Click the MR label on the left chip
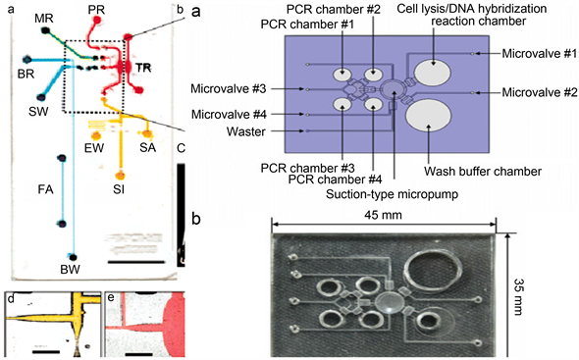44,18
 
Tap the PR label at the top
96,10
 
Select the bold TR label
143,68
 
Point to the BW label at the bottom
70,270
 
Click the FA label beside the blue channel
46,189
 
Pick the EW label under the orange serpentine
94,148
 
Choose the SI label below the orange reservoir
119,189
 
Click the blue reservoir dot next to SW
41,97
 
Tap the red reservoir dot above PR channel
97,21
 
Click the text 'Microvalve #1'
539,54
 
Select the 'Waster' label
246,131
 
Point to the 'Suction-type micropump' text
392,194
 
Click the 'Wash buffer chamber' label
483,172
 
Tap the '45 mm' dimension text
383,215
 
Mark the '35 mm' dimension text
519,297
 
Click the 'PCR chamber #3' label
307,168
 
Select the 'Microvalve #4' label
229,115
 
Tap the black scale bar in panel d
48,351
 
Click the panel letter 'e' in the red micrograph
111,298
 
